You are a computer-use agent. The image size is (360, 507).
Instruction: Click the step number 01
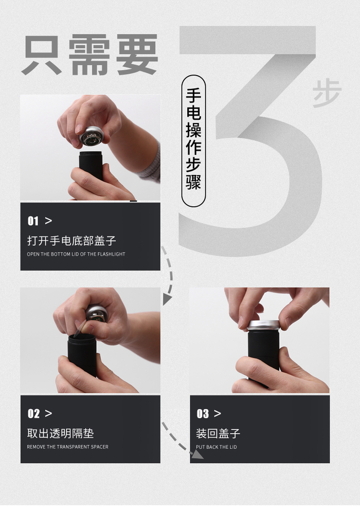coord(33,221)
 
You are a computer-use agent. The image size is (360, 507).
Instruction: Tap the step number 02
coord(33,413)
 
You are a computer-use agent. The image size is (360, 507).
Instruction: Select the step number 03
coord(203,413)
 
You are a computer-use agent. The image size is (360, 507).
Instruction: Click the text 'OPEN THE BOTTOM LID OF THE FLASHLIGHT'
coord(76,254)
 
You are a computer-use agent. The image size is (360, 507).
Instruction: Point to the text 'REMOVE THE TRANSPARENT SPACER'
coord(67,447)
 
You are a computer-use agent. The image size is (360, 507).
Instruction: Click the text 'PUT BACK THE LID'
coord(217,447)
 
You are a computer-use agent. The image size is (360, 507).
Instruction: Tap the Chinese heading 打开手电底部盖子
coord(71,241)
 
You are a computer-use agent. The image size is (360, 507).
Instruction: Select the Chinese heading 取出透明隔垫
coord(61,433)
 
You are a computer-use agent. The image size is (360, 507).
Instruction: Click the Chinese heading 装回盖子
coord(218,433)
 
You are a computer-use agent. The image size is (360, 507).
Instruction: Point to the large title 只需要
coord(90,55)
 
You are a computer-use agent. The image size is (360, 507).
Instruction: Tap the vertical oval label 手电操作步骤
coord(193,141)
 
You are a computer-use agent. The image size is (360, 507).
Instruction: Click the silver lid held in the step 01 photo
coord(92,136)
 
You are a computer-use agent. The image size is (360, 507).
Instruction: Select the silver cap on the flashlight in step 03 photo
coord(264,325)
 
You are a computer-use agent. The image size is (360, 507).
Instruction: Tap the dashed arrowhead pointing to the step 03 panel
coord(197,455)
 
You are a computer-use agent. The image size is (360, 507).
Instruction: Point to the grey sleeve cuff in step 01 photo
coord(151,161)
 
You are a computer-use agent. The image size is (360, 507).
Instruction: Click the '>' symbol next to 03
coord(218,413)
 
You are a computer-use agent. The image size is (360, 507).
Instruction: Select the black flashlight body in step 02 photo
coord(82,354)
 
